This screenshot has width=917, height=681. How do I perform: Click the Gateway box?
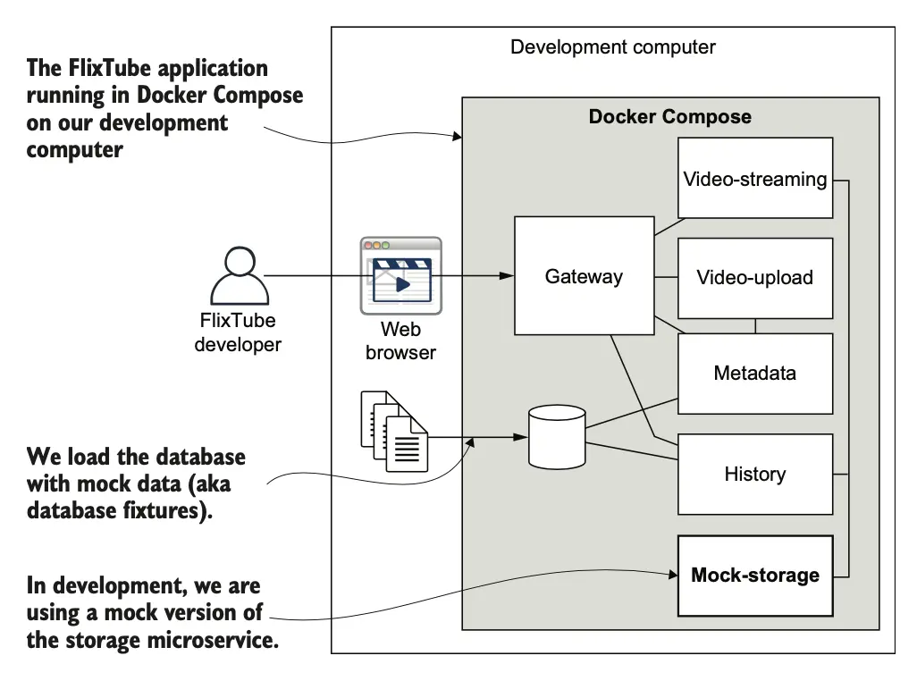(584, 276)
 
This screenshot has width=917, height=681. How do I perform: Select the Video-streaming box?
(755, 179)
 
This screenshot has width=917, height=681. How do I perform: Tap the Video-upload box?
(755, 277)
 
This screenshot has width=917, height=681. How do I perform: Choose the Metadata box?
(755, 374)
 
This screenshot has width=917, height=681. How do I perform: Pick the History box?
(755, 475)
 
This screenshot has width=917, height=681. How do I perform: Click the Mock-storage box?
(755, 576)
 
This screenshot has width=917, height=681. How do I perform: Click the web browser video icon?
(400, 275)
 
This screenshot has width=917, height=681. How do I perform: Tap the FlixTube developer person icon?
(239, 277)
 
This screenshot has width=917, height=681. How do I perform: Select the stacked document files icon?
(394, 430)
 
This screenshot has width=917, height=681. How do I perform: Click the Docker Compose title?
(669, 117)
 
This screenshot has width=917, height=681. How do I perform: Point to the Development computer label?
(613, 47)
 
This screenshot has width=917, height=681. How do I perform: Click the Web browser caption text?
(400, 340)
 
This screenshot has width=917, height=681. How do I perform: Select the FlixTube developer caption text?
(238, 332)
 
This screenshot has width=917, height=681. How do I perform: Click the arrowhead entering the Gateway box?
(509, 276)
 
